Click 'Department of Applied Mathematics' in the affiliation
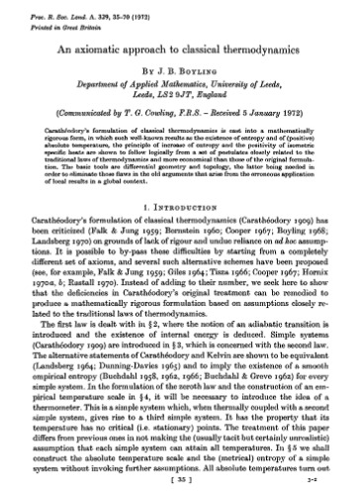tap(147, 86)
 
